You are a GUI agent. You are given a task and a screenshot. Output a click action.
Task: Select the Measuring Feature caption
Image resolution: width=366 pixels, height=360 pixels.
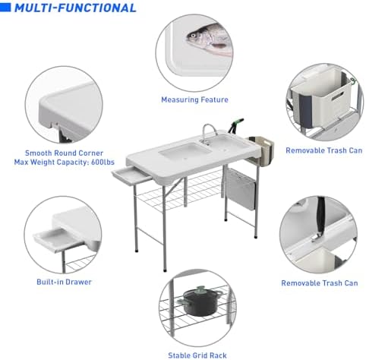pos(194,99)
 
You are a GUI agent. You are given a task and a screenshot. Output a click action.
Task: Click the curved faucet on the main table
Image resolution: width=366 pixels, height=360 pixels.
pos(208,132)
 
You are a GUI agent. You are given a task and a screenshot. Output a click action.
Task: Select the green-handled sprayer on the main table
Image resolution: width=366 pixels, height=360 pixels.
pos(237,125)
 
